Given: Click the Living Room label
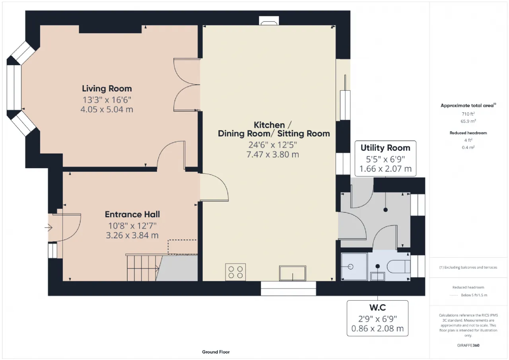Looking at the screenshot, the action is (x=107, y=88).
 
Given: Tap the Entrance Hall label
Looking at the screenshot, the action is (x=132, y=214).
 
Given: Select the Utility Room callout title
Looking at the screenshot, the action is (x=385, y=148).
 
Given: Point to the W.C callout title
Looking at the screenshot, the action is (x=377, y=307).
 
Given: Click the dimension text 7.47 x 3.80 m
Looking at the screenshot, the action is (x=273, y=155).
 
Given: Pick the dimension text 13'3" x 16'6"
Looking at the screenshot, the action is (x=107, y=100).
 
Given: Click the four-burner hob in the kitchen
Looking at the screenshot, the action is (x=235, y=272).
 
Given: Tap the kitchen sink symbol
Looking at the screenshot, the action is (x=292, y=273).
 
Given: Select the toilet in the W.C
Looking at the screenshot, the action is (x=398, y=267).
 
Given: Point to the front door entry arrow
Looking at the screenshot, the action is (x=49, y=228).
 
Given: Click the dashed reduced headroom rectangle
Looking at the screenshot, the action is (x=183, y=247).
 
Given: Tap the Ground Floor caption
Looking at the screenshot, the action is (x=216, y=352).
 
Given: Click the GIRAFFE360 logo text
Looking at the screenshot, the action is (x=468, y=345).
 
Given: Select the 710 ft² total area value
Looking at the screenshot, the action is (x=468, y=114).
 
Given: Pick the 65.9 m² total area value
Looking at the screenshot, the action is (x=468, y=121).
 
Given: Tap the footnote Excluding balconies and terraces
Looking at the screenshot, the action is (x=468, y=267).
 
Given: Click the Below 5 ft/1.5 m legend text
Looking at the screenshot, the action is (x=474, y=295).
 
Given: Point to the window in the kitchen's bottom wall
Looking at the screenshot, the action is (x=288, y=289).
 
